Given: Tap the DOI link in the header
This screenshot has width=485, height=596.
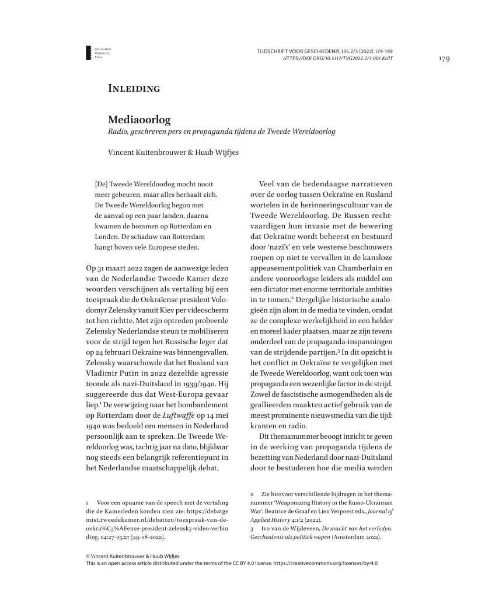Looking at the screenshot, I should pos(337,58).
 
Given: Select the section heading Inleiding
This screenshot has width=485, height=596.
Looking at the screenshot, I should pos(134,89).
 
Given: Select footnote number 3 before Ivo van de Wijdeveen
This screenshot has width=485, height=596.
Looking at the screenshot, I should pos(252,528).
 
